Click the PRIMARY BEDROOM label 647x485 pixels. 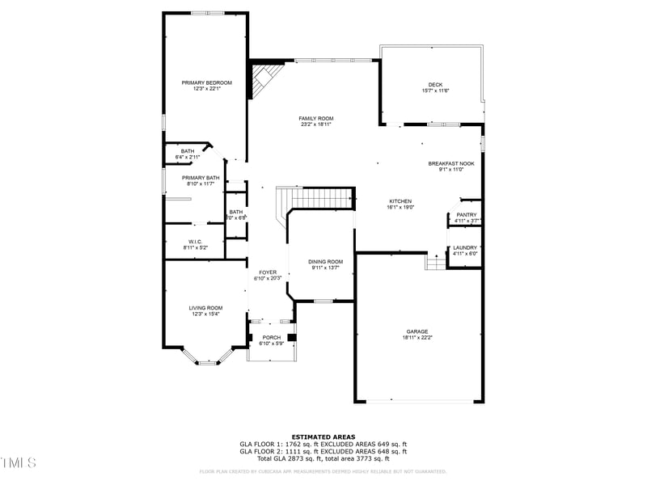pyautogui.click(x=206, y=82)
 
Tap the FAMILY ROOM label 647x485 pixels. pyautogui.click(x=316, y=119)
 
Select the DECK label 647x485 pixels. pyautogui.click(x=435, y=85)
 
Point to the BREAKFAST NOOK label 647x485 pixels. pyautogui.click(x=450, y=163)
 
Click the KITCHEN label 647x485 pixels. pyautogui.click(x=400, y=201)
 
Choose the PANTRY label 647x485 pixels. pyautogui.click(x=467, y=215)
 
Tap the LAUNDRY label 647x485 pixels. pyautogui.click(x=465, y=247)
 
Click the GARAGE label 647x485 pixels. pyautogui.click(x=417, y=331)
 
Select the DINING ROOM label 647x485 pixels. pyautogui.click(x=325, y=261)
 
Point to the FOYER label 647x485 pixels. pyautogui.click(x=268, y=272)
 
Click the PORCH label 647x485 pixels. pyautogui.click(x=271, y=338)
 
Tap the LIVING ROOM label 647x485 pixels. pyautogui.click(x=205, y=308)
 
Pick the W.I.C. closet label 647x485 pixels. pyautogui.click(x=195, y=241)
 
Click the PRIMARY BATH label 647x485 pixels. pyautogui.click(x=201, y=178)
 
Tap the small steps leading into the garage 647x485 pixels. pyautogui.click(x=435, y=262)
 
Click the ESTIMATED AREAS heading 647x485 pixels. pyautogui.click(x=323, y=436)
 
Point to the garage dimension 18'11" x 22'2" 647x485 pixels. pyautogui.click(x=417, y=337)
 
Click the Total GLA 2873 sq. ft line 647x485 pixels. pyautogui.click(x=323, y=458)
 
